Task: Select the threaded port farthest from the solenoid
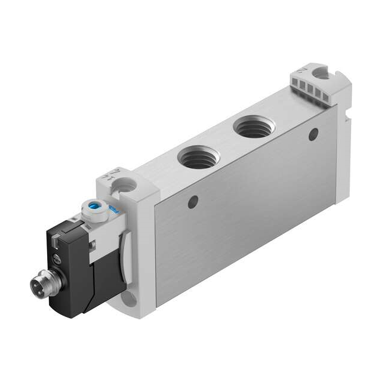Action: [253, 127]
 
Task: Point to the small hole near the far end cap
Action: [313, 135]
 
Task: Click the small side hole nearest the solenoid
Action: [192, 202]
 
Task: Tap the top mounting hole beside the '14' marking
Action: [127, 187]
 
